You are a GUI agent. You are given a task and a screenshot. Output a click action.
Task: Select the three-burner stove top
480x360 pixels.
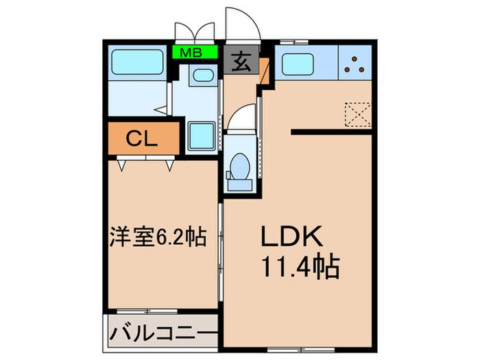pyautogui.click(x=355, y=62)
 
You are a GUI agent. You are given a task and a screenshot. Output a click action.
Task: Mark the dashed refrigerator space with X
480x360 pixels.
pyautogui.click(x=357, y=113)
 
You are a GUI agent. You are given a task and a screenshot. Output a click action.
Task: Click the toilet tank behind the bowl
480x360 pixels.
pyautogui.click(x=240, y=181)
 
